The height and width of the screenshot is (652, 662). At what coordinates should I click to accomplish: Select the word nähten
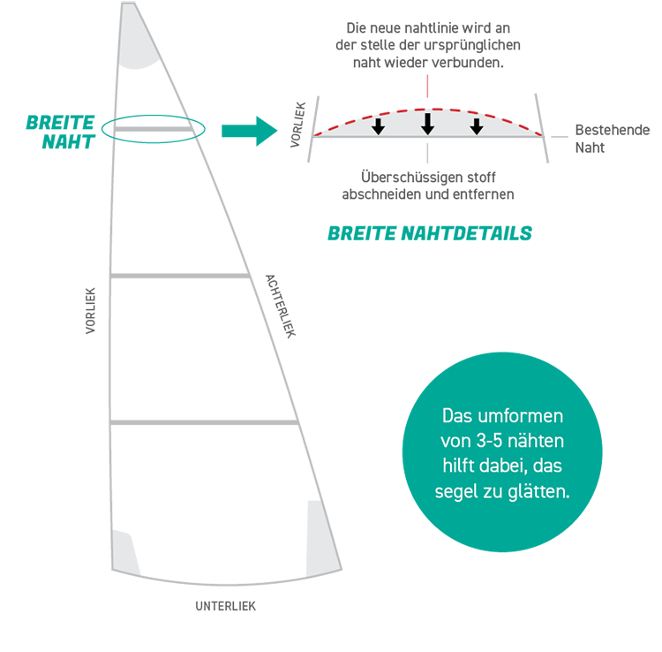(x=540, y=440)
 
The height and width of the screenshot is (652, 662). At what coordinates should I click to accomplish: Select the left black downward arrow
(x=378, y=126)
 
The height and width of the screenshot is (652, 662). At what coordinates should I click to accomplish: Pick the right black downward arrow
(x=477, y=126)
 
